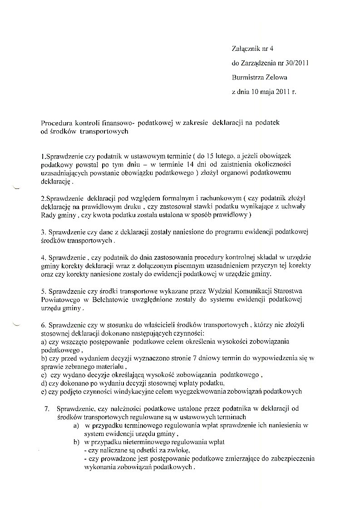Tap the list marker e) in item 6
coord(43,391)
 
